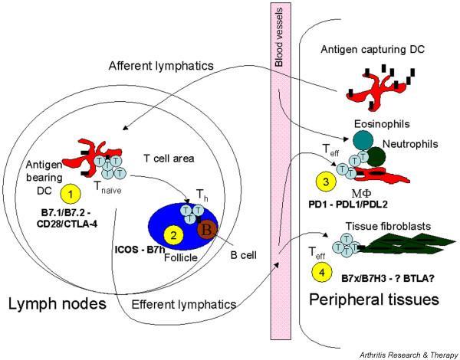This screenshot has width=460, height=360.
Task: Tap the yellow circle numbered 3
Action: pyautogui.click(x=326, y=183)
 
